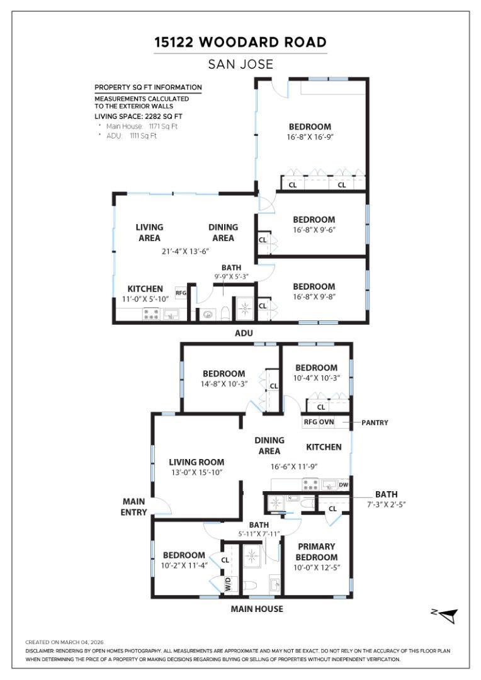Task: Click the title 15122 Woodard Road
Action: tap(241, 42)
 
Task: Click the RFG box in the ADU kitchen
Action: tap(181, 293)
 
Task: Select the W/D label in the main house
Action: tap(229, 585)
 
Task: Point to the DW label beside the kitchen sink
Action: tap(343, 484)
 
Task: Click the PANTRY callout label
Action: tap(375, 422)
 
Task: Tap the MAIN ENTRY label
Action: tap(133, 506)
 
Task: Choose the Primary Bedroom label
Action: tap(317, 552)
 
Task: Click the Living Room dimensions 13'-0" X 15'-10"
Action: tap(196, 472)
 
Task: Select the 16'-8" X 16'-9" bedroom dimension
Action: tap(310, 137)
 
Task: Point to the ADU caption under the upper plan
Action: tap(243, 333)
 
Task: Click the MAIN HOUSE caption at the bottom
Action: tap(257, 609)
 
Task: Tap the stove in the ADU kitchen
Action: tap(151, 314)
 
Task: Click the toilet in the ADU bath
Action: tap(225, 313)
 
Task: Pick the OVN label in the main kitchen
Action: tap(326, 422)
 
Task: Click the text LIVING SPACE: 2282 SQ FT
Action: tap(139, 116)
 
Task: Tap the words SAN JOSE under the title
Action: tap(241, 64)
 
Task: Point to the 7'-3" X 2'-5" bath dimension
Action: tap(386, 504)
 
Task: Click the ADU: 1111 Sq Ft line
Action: tap(131, 136)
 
